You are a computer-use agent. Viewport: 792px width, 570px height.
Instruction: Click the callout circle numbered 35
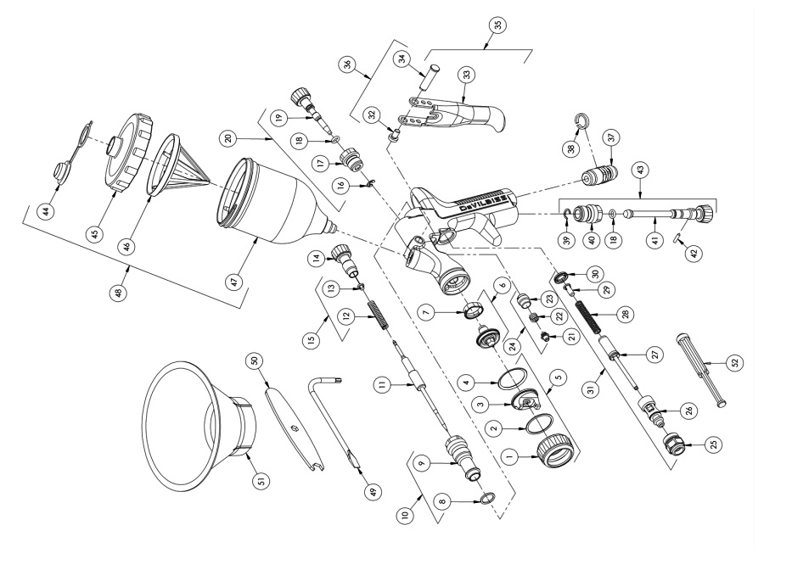tap(491, 25)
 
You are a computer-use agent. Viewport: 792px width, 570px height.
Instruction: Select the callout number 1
tap(509, 455)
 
